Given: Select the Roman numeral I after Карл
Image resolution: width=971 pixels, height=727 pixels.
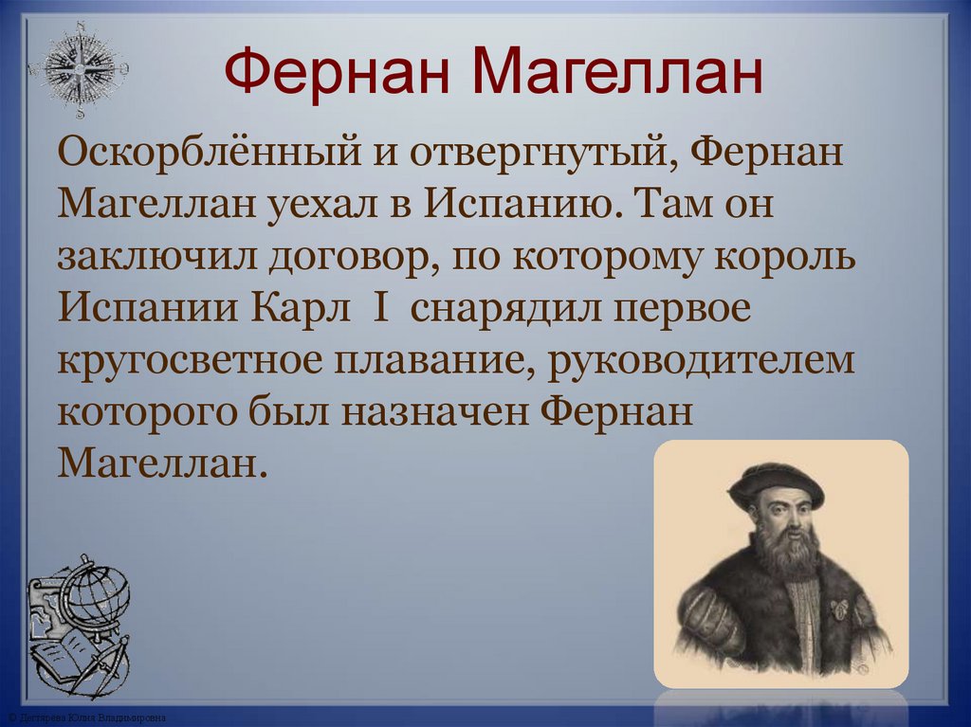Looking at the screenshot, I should pyautogui.click(x=381, y=310).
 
